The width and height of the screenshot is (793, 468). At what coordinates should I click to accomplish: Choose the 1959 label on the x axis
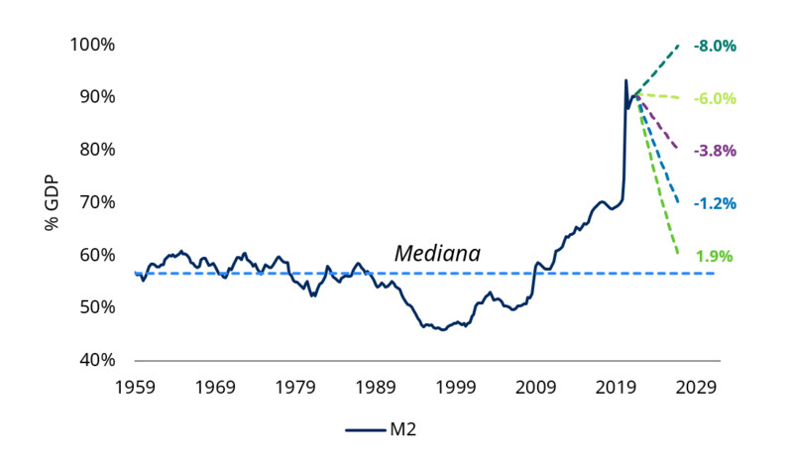[136, 385]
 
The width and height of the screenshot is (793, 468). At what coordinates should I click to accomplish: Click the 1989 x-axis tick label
[377, 385]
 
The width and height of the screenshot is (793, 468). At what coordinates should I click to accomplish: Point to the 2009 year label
[536, 385]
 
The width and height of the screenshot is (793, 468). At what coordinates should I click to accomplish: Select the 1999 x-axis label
[457, 385]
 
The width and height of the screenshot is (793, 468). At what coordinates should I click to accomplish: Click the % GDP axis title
[52, 202]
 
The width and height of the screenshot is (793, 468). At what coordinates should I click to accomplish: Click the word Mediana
[437, 254]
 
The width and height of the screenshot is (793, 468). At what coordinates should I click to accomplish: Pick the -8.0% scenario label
[715, 46]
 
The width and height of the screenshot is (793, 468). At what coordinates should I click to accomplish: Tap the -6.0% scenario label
[715, 98]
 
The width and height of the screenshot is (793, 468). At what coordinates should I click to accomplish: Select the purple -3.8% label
[715, 151]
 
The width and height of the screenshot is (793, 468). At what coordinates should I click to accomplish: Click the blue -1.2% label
[715, 203]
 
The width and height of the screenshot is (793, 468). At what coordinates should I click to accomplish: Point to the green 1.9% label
[714, 256]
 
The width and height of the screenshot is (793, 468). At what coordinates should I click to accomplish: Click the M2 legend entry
[388, 429]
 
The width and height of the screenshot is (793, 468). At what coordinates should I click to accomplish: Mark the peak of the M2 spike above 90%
[625, 80]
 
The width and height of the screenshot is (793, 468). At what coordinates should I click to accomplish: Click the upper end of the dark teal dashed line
[679, 45]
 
